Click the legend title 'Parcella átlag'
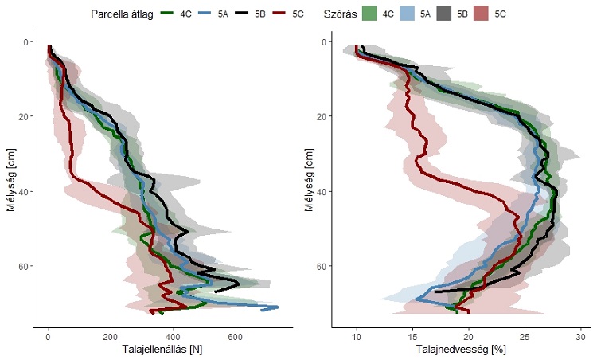(127, 14)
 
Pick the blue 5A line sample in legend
(206, 14)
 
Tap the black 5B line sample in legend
(244, 14)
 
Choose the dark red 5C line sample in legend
(283, 14)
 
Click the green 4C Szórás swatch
(369, 14)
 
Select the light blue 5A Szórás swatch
(407, 14)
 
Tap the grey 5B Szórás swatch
(444, 14)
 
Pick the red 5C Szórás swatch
(482, 14)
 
